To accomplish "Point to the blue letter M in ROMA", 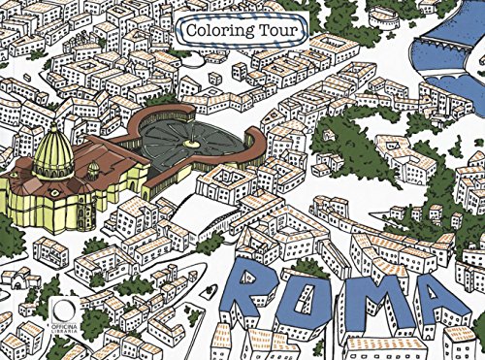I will pos(374,308).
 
